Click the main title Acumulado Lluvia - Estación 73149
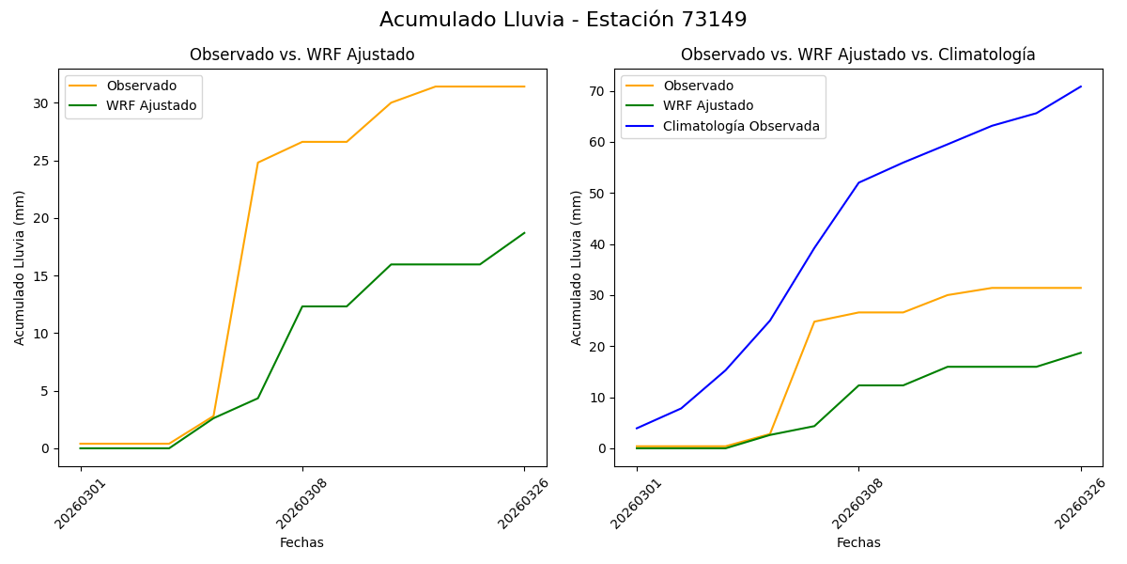[563, 20]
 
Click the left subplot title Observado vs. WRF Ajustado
[301, 55]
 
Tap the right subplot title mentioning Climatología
[857, 55]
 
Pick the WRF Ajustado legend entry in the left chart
[151, 105]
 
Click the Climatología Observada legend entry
[741, 126]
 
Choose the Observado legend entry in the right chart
[698, 86]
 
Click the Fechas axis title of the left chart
[301, 542]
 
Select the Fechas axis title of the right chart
[858, 542]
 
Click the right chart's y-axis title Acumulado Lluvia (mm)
[577, 267]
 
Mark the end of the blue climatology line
[1081, 86]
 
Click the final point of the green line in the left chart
[524, 233]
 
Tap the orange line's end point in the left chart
[524, 86]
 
